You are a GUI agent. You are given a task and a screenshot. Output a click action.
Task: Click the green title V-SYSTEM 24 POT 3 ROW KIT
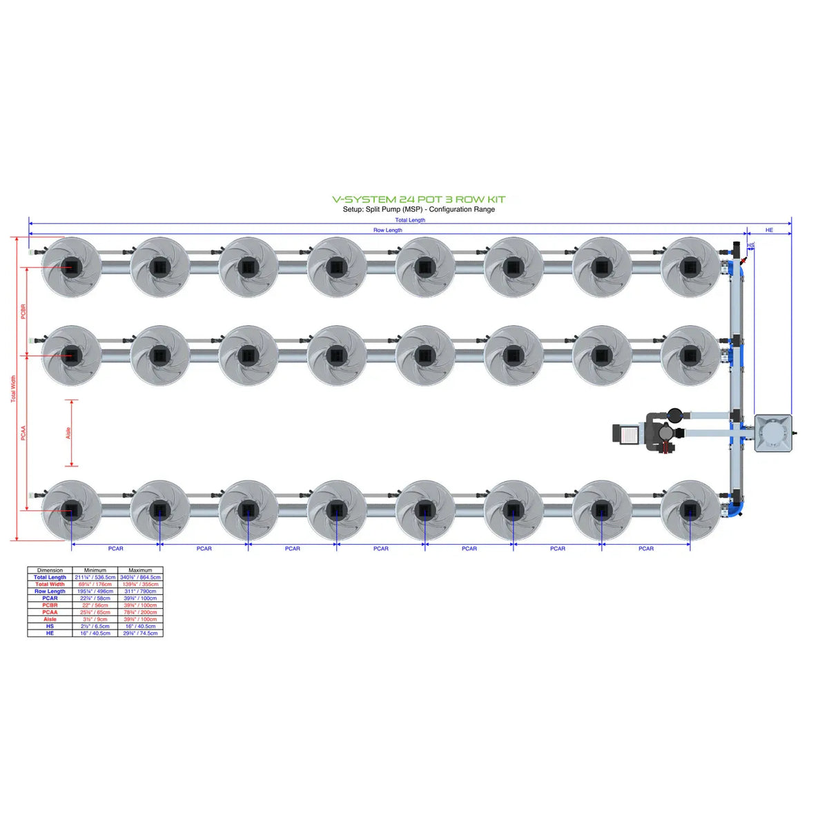point(418,199)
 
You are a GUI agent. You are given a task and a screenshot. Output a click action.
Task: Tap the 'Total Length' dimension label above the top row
point(410,220)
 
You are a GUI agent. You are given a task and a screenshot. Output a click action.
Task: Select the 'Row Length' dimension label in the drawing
point(387,231)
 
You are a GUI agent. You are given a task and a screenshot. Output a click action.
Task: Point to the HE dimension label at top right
point(769,231)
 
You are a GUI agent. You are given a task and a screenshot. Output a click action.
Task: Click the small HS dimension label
point(750,246)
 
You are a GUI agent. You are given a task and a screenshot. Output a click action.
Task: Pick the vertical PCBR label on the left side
point(23,311)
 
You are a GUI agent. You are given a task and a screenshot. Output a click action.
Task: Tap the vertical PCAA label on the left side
point(23,433)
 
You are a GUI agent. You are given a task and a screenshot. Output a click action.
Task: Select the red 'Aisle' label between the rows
point(68,433)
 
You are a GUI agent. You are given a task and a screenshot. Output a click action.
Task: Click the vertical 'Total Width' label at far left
point(12,389)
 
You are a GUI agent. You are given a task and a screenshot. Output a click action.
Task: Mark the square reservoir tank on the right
point(772,433)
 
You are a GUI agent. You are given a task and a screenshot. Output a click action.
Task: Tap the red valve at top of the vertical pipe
point(742,261)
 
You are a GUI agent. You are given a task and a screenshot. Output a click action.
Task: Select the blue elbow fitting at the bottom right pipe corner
point(738,508)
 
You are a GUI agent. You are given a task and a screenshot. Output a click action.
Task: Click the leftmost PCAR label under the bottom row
point(115,549)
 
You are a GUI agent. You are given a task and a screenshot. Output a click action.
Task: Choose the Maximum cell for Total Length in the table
point(140,578)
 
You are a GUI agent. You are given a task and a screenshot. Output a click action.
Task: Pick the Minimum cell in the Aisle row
point(95,619)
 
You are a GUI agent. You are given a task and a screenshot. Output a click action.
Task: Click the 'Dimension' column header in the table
point(50,570)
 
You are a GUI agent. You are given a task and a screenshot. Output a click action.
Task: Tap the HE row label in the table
point(50,633)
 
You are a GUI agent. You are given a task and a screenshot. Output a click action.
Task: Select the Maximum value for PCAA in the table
point(140,612)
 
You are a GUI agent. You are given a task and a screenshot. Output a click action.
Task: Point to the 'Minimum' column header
point(95,570)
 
